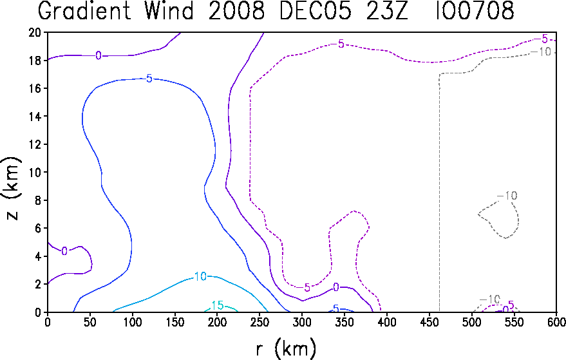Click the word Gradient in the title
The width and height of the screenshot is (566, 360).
point(84,10)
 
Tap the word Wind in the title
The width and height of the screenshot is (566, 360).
point(169,10)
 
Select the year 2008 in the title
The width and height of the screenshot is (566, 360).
point(236,10)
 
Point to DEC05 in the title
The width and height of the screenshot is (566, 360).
point(315,10)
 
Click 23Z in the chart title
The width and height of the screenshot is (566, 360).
point(387,10)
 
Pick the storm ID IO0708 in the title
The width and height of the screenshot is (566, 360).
point(475,10)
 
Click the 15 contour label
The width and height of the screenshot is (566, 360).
point(218,305)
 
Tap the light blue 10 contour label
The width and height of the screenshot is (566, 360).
point(200,276)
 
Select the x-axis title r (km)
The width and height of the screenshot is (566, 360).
point(286,349)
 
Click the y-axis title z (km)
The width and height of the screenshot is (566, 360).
point(12,188)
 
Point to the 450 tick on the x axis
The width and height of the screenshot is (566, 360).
point(429,322)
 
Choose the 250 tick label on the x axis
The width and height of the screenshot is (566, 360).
point(259,322)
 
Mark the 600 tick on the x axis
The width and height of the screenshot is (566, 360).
point(556,322)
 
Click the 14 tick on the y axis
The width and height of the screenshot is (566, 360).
point(35,117)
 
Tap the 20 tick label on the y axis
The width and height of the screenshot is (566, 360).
point(35,32)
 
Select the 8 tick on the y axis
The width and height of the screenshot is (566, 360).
point(39,200)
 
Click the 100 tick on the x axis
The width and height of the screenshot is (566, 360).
point(132,322)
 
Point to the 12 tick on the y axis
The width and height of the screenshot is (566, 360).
point(35,144)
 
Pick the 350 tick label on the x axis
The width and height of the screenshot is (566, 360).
point(344,322)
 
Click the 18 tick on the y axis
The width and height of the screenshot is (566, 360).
point(35,61)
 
